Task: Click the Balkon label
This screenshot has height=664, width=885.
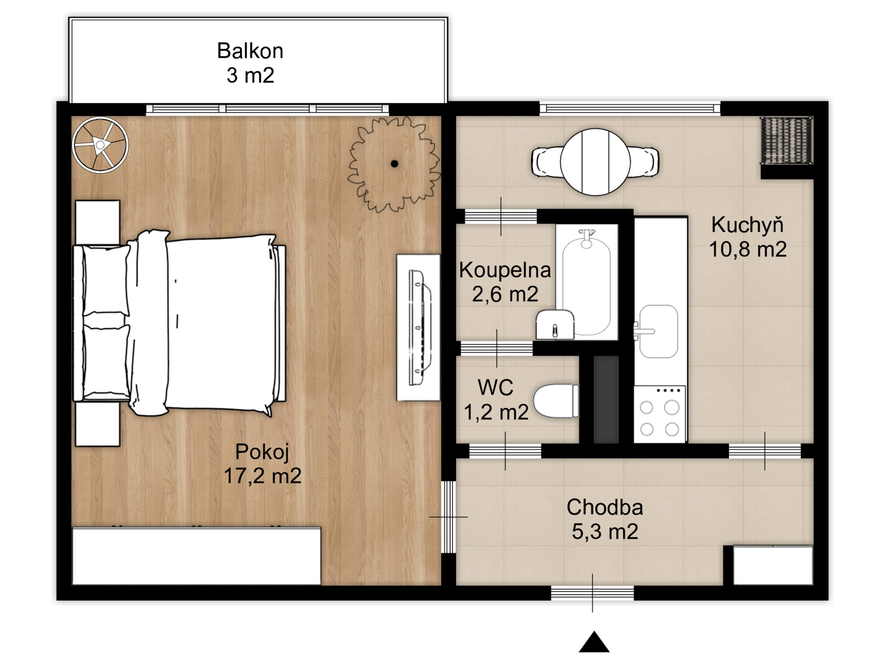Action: tap(250, 51)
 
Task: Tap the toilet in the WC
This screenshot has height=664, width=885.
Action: tap(556, 401)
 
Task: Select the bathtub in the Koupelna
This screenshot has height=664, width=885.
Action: tap(586, 282)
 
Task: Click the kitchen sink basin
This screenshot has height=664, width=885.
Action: tap(658, 331)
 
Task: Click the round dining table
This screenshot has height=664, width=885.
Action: tap(595, 162)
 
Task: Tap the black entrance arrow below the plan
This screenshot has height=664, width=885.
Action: tap(594, 642)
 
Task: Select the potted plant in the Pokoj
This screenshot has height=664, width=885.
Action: tap(394, 164)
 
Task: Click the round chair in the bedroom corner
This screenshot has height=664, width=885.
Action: tap(100, 145)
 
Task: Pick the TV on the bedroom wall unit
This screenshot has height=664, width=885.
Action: tap(419, 328)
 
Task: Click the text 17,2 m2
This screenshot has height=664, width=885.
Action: tap(262, 476)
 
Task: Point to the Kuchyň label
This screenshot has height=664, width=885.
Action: tap(747, 225)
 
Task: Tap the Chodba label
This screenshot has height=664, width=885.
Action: tap(605, 507)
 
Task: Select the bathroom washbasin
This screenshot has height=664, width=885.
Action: tap(555, 325)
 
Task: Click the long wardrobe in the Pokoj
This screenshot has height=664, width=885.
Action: tap(197, 557)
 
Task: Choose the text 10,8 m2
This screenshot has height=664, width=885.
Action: tap(747, 249)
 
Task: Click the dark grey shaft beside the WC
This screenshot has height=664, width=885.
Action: tap(606, 400)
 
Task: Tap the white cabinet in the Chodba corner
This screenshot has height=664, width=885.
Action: tap(773, 566)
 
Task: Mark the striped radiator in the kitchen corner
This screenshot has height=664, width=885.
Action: tap(786, 140)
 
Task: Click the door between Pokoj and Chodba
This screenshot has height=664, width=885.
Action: tap(448, 517)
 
